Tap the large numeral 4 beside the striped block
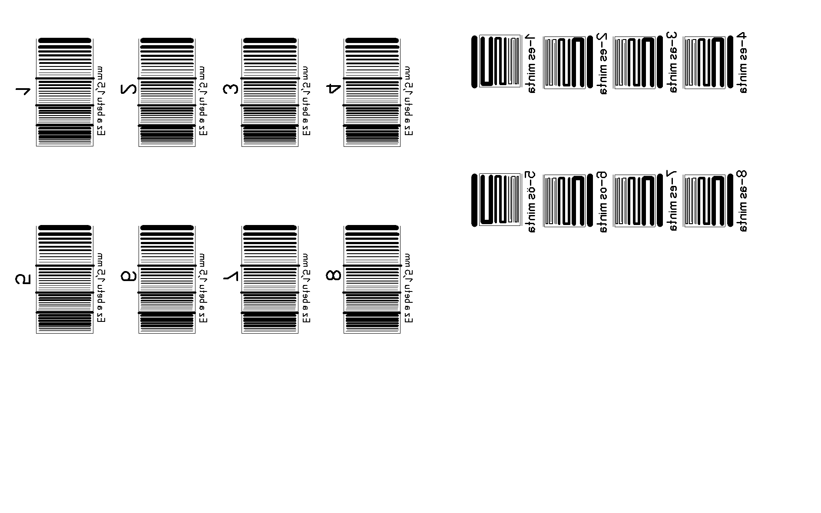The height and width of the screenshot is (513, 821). [334, 89]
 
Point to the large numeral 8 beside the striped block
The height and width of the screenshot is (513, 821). [334, 275]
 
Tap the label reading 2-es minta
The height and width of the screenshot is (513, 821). [603, 63]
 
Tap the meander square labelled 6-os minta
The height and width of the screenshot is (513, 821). [564, 201]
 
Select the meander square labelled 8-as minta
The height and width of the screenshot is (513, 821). [704, 201]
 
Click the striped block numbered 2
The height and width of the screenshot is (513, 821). [167, 92]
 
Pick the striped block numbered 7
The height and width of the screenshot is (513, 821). [270, 279]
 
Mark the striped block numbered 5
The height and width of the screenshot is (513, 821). [64, 279]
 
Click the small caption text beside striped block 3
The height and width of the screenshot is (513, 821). [306, 101]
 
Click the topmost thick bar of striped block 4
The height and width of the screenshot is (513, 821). [372, 40]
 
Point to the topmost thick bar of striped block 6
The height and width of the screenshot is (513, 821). [167, 228]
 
